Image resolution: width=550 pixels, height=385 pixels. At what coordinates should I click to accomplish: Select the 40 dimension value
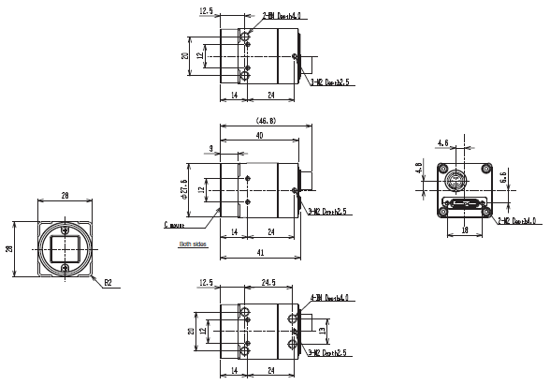258,136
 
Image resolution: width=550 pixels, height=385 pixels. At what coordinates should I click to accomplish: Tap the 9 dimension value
211,148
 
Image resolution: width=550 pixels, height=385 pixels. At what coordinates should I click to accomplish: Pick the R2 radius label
108,281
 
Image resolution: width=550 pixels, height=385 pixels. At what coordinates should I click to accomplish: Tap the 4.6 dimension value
442,142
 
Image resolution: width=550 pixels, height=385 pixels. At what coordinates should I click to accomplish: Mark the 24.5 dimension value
267,281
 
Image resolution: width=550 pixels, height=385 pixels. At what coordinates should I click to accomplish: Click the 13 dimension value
322,330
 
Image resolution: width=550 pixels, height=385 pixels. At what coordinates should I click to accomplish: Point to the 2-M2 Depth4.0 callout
517,221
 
